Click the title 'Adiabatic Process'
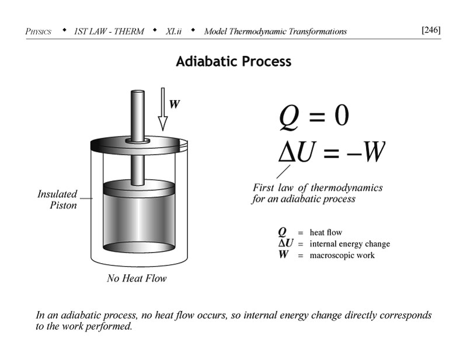click(233, 61)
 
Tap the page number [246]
click(430, 30)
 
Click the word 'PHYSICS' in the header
click(39, 31)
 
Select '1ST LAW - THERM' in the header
click(109, 31)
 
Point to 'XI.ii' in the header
click(173, 31)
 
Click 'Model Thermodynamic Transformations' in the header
click(275, 31)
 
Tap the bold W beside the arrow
click(175, 104)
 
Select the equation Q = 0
click(313, 116)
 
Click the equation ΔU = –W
click(331, 151)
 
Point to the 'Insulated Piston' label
click(57, 200)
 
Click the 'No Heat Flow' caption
click(137, 278)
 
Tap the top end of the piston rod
click(138, 93)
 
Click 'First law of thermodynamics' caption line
click(318, 188)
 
